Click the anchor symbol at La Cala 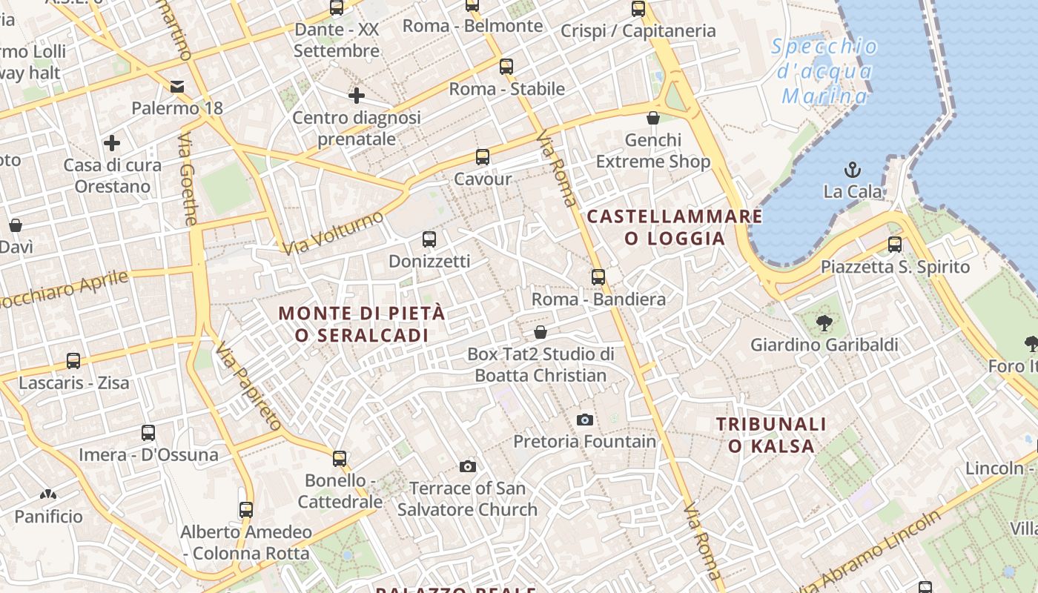click(853, 169)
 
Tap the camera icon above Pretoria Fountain click(585, 420)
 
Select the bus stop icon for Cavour click(483, 157)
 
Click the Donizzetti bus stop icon click(429, 239)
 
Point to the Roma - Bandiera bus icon click(598, 277)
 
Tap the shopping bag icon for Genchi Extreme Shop click(653, 118)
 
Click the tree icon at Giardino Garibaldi click(823, 322)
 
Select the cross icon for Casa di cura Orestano click(112, 142)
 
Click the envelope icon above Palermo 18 click(177, 87)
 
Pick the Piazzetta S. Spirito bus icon click(895, 245)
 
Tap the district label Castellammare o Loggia click(674, 227)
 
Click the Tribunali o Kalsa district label click(771, 435)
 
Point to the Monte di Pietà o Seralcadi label click(362, 324)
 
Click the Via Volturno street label click(333, 233)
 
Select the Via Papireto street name click(249, 386)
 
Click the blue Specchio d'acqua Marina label click(824, 71)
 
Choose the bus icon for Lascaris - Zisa click(73, 361)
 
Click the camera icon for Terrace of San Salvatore click(467, 466)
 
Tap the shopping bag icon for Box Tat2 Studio click(541, 332)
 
